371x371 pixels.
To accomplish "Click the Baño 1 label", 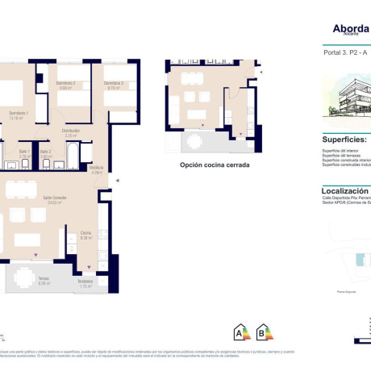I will coord(23,152).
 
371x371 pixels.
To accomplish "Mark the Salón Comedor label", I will coord(32,200).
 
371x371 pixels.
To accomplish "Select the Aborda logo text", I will coord(350,27).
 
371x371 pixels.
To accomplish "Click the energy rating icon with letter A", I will coord(240,331).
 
